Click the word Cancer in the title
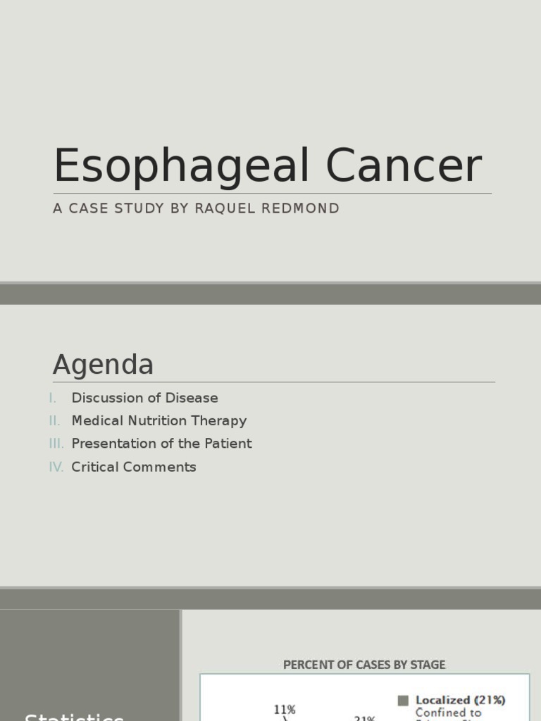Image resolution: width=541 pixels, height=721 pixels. [x=404, y=167]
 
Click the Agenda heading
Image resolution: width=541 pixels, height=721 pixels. [x=103, y=365]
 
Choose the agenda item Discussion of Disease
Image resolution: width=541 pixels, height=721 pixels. [x=144, y=398]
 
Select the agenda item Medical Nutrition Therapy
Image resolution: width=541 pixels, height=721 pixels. [x=158, y=421]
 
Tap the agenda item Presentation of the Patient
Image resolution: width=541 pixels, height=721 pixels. [x=161, y=444]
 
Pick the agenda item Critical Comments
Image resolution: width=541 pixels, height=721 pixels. [x=134, y=467]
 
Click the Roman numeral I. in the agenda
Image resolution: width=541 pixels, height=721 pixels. [x=53, y=398]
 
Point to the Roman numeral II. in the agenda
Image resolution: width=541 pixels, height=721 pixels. [x=55, y=421]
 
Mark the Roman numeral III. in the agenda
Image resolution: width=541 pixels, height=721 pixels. [x=56, y=444]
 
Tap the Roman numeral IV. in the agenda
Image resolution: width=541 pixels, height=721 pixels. [x=56, y=467]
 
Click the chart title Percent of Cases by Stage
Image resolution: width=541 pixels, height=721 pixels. [x=364, y=665]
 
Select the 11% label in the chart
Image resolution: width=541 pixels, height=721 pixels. [x=285, y=710]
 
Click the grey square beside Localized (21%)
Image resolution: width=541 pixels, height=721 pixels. [x=403, y=701]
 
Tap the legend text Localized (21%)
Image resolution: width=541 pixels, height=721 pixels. [x=461, y=701]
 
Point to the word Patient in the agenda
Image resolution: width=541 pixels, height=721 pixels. [x=228, y=444]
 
